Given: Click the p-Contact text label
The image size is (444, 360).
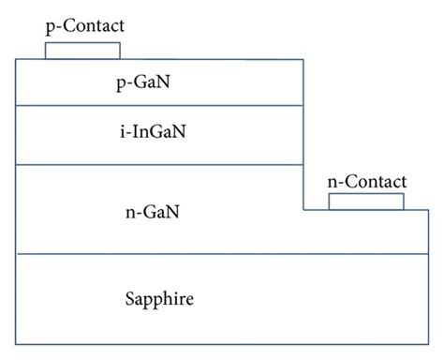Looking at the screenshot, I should click(84, 26).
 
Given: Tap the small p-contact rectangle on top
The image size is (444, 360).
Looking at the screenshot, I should click(82, 51).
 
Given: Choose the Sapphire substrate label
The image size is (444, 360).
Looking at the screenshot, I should click(159, 299).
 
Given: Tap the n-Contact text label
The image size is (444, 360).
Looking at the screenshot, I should click(367, 181).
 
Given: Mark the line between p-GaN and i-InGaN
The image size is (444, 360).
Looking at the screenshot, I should click(159, 106).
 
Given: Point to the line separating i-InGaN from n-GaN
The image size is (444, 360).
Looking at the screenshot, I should click(159, 165).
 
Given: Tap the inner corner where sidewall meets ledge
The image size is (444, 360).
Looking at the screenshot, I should click(303, 209).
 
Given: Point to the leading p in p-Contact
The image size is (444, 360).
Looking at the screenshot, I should click(50, 27).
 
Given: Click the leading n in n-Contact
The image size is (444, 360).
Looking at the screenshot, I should click(332, 181).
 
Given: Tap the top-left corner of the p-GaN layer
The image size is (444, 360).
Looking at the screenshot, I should click(16, 59).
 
